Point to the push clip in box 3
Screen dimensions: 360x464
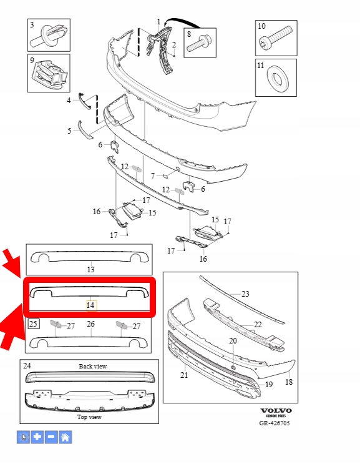51,36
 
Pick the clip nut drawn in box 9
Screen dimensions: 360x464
49,74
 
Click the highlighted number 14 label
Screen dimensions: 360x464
90,305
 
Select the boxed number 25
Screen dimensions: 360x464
33,323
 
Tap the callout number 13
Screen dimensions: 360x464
90,270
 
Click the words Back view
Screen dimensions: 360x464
92,367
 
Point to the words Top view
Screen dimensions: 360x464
89,417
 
